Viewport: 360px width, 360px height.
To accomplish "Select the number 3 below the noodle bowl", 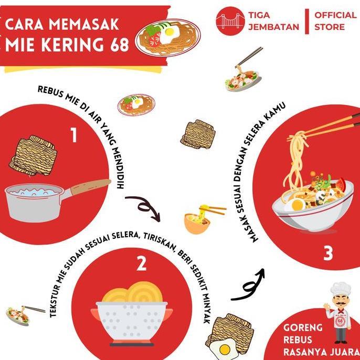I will [328, 253].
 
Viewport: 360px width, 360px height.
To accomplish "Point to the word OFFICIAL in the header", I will [335, 15].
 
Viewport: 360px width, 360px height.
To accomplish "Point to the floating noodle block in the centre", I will [198, 134].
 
